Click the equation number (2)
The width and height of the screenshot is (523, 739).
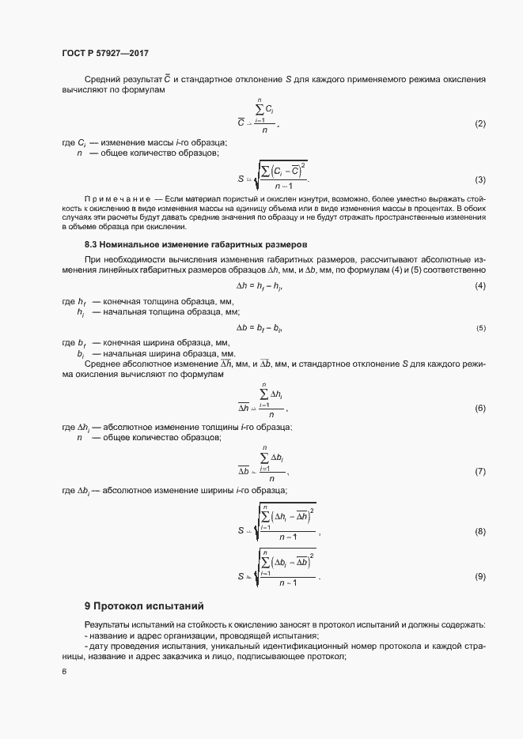(x=479, y=125)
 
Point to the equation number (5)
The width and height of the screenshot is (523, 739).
(x=480, y=327)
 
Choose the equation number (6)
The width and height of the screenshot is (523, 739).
(x=479, y=408)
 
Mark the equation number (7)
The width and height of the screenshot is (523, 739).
(x=479, y=472)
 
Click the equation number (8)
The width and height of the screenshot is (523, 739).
(x=479, y=531)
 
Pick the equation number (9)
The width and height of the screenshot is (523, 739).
(x=479, y=577)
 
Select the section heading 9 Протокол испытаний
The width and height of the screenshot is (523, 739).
(x=144, y=606)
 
